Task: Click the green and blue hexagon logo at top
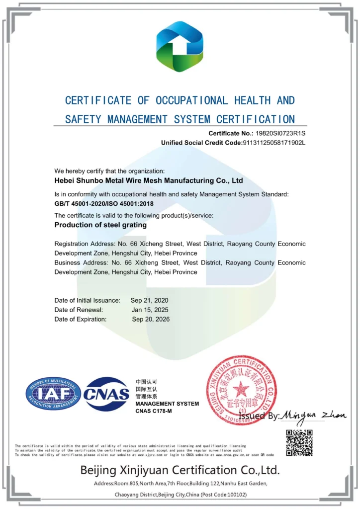pyautogui.click(x=180, y=47)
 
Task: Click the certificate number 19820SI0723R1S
pyautogui.click(x=281, y=133)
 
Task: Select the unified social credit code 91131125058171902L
pyautogui.click(x=273, y=143)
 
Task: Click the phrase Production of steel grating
pyautogui.click(x=100, y=225)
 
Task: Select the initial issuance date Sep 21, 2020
pyautogui.click(x=150, y=300)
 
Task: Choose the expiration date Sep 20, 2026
pyautogui.click(x=151, y=319)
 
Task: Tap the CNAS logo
pyautogui.click(x=106, y=394)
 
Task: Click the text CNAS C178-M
pyautogui.click(x=154, y=411)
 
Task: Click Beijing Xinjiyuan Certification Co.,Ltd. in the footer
pyautogui.click(x=180, y=470)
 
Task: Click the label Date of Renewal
pyautogui.click(x=79, y=310)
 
